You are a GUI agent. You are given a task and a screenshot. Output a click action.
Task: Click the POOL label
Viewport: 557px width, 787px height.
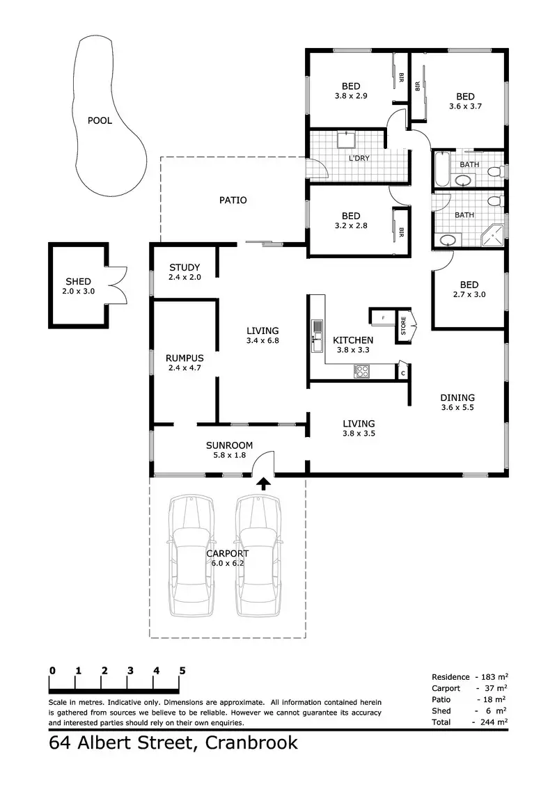pyautogui.click(x=100, y=120)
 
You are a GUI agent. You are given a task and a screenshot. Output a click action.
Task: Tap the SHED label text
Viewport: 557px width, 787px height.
pyautogui.click(x=77, y=282)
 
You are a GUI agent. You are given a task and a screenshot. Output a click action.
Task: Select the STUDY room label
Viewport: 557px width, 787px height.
pyautogui.click(x=184, y=267)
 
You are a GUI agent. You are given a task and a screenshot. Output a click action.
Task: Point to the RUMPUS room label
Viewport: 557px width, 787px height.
pyautogui.click(x=184, y=358)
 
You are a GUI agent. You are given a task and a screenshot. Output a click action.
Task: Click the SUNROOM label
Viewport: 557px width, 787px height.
pyautogui.click(x=228, y=445)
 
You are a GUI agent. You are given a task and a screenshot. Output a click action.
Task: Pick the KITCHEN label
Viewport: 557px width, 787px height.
pyautogui.click(x=352, y=340)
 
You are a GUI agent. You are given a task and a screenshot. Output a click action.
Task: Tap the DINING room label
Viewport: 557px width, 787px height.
pyautogui.click(x=457, y=398)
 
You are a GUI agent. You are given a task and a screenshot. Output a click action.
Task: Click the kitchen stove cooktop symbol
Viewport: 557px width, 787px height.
pyautogui.click(x=362, y=372)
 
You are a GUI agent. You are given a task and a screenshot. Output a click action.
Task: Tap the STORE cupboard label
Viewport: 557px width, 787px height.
pyautogui.click(x=403, y=326)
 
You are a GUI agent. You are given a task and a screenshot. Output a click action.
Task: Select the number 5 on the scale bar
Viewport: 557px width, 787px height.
pyautogui.click(x=182, y=671)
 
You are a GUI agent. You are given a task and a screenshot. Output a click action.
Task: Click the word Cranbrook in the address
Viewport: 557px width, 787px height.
pyautogui.click(x=251, y=743)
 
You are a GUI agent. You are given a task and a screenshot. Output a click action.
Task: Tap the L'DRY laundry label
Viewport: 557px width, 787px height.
pyautogui.click(x=359, y=158)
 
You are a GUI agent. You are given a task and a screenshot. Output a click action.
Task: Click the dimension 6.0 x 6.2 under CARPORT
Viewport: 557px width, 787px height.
pyautogui.click(x=228, y=564)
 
